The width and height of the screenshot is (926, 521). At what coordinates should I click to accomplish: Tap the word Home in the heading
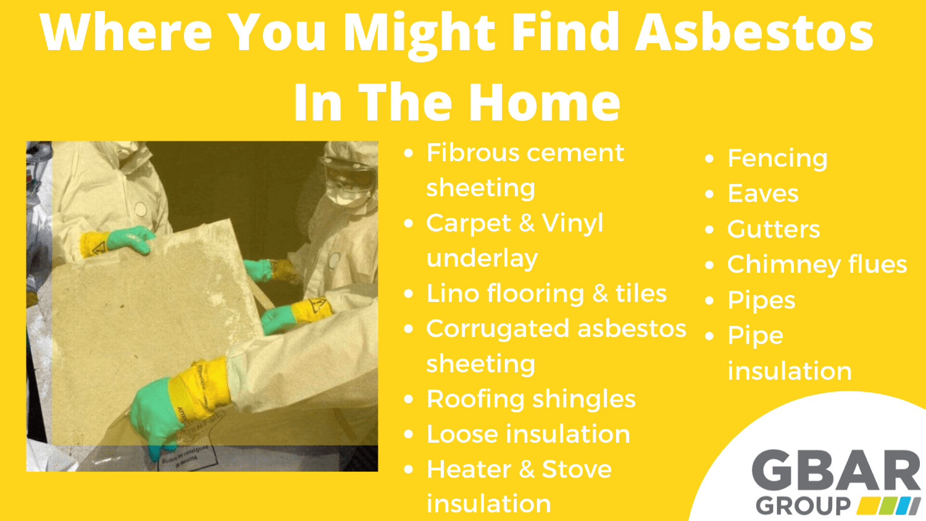pyautogui.click(x=544, y=102)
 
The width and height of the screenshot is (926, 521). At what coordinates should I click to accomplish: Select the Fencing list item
pyautogui.click(x=777, y=159)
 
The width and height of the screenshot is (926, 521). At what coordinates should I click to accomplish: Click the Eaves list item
pyautogui.click(x=762, y=194)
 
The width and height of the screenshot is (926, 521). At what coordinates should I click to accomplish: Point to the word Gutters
pyautogui.click(x=773, y=229)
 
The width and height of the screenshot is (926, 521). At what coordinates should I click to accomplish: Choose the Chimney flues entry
pyautogui.click(x=816, y=265)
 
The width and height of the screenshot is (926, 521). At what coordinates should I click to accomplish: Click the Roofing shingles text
pyautogui.click(x=530, y=399)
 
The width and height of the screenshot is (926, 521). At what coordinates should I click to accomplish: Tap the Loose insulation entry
pyautogui.click(x=528, y=434)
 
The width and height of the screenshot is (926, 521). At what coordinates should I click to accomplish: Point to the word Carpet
pyautogui.click(x=469, y=223)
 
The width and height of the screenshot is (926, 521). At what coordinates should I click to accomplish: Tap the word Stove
pyautogui.click(x=576, y=469)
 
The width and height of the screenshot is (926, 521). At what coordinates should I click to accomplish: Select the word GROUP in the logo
pyautogui.click(x=803, y=506)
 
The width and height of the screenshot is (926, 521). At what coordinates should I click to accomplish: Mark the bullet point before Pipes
pyautogui.click(x=710, y=301)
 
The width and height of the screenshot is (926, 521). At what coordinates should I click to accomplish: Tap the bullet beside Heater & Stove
pyautogui.click(x=408, y=470)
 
